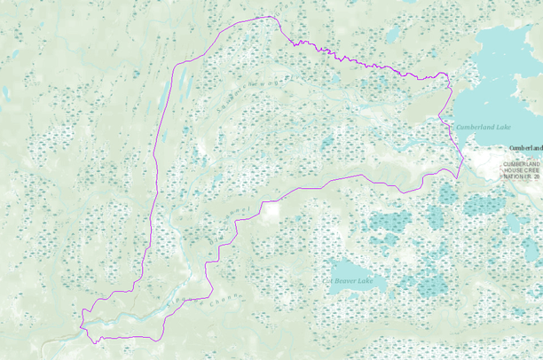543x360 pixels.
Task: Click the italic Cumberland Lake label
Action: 484,128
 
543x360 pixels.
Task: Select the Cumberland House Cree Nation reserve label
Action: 521,171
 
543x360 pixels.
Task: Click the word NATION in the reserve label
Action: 514,177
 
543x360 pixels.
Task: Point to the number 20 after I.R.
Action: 537,177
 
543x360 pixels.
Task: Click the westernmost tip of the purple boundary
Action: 80,313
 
